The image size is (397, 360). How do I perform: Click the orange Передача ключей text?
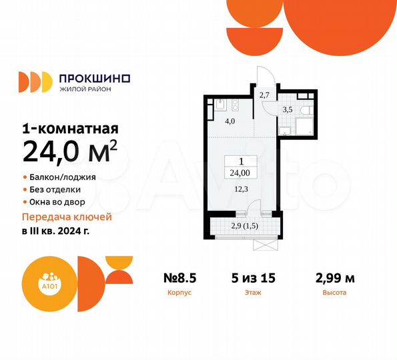[x=67, y=217]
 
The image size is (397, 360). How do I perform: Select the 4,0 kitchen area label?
[x=230, y=121]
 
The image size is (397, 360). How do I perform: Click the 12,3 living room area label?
[x=242, y=189]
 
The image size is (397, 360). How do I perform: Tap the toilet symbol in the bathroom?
[x=304, y=111]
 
